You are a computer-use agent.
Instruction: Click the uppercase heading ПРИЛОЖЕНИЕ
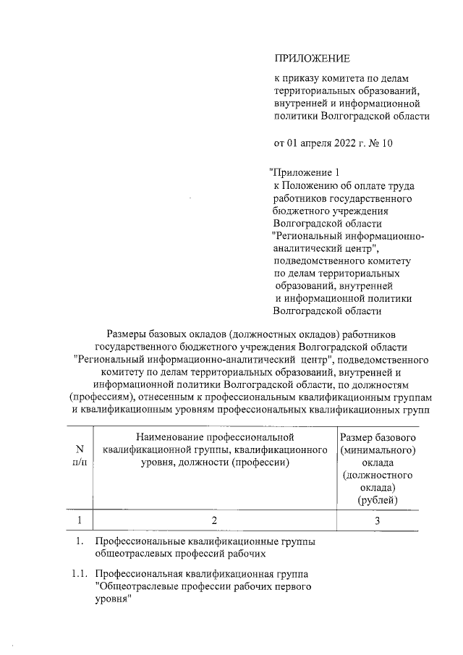[311, 58]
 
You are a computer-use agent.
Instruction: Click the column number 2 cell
[214, 520]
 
